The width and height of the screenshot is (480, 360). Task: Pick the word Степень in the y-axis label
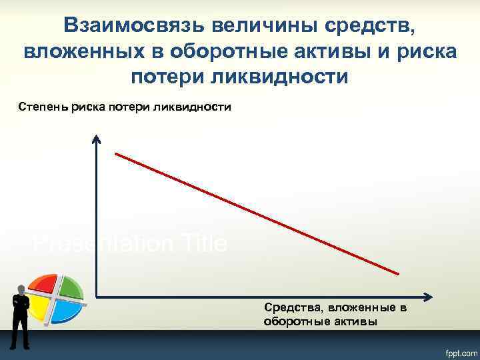[39, 107]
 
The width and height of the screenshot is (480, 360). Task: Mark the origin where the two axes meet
[97, 296]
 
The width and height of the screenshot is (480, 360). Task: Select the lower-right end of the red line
[398, 273]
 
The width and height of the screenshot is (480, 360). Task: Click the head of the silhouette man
[21, 289]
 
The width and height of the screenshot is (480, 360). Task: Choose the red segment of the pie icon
[45, 285]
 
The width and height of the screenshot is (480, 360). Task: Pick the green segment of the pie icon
[71, 287]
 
